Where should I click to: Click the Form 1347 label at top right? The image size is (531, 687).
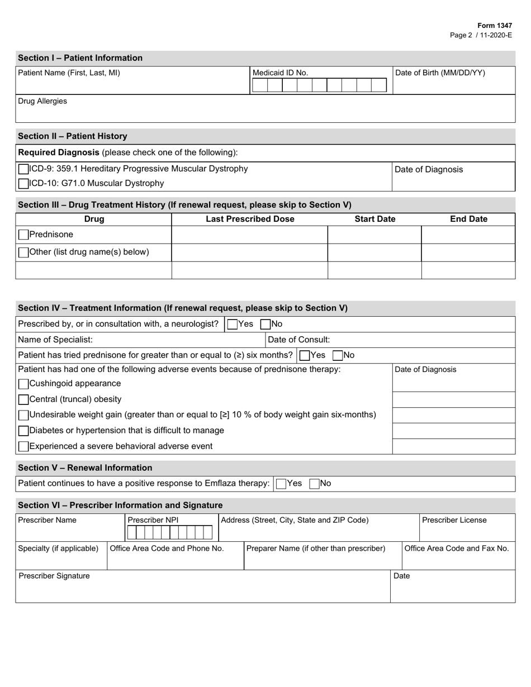point(495,26)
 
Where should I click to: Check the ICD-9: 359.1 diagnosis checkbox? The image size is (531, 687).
point(23,169)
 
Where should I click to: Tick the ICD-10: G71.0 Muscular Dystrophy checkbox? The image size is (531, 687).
point(23,183)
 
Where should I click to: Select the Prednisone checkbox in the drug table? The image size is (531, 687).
point(23,235)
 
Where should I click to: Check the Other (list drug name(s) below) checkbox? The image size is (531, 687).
point(23,252)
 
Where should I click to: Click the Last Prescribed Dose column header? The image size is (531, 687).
point(250,219)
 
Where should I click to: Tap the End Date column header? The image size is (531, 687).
point(468,219)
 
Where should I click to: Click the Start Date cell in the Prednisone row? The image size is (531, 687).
point(374,235)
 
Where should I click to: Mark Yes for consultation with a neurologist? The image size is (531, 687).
point(233,324)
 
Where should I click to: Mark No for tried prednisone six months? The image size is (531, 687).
point(338,355)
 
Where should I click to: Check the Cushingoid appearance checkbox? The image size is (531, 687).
point(23,384)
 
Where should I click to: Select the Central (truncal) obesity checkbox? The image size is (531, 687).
point(23,399)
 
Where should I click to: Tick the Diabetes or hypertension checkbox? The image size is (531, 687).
point(23,431)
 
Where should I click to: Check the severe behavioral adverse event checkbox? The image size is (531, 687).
point(23,446)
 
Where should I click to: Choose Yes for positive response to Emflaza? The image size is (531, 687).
point(281,484)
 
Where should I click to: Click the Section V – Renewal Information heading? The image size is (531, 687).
point(85,467)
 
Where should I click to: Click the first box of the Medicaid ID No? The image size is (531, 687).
point(260,85)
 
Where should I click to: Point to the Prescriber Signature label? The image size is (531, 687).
point(54,576)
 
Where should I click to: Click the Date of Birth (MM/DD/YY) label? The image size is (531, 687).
point(440,73)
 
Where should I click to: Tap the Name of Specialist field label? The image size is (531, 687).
point(55,340)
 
